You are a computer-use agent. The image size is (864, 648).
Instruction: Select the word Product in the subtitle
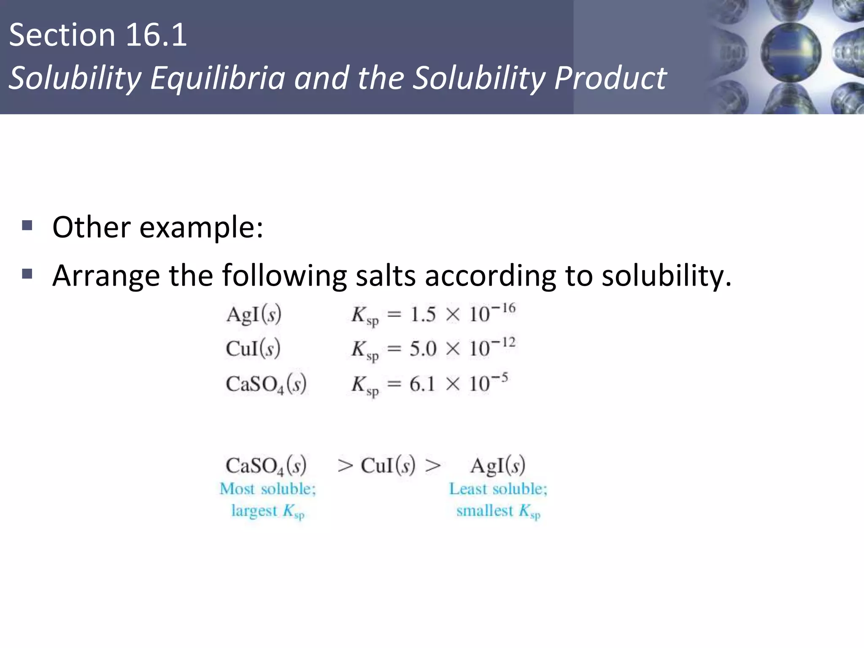[x=610, y=78]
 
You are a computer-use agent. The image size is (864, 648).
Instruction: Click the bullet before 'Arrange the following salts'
[x=27, y=275]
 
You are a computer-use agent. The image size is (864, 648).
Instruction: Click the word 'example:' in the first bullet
[x=201, y=228]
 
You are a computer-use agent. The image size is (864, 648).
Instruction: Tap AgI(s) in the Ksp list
[x=254, y=315]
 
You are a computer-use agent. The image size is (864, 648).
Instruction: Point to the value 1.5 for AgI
[x=423, y=315]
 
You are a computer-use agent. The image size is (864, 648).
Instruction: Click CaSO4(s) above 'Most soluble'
[x=266, y=466]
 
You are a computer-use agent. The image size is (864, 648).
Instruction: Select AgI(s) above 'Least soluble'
[x=498, y=466]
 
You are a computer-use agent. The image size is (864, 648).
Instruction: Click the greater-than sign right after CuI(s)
[x=433, y=466]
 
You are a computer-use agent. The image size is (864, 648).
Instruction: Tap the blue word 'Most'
[x=237, y=489]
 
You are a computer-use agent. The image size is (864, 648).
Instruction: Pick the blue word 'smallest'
[x=485, y=511]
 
